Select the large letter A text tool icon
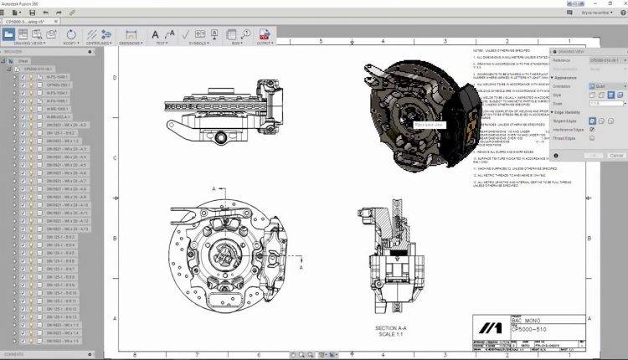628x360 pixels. coord(156,34)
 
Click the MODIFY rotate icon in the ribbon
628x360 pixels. coord(71,34)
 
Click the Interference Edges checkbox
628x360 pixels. coord(593,130)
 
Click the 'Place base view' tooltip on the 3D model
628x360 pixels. coord(429,124)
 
